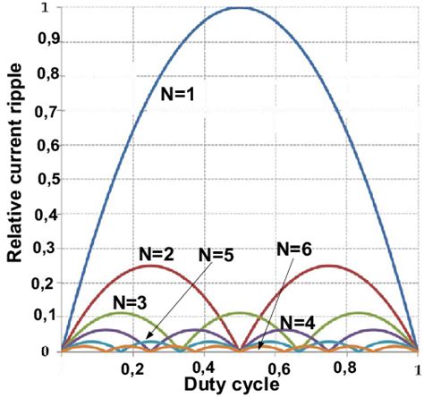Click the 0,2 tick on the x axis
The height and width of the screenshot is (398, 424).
pyautogui.click(x=132, y=367)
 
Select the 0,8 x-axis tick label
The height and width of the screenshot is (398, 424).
pyautogui.click(x=347, y=367)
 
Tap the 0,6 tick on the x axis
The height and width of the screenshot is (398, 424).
pyautogui.click(x=276, y=367)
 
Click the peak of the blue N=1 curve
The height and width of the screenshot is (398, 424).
pyautogui.click(x=239, y=7)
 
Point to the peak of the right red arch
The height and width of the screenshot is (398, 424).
pyautogui.click(x=328, y=265)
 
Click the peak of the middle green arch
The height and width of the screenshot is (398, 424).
pyautogui.click(x=239, y=312)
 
